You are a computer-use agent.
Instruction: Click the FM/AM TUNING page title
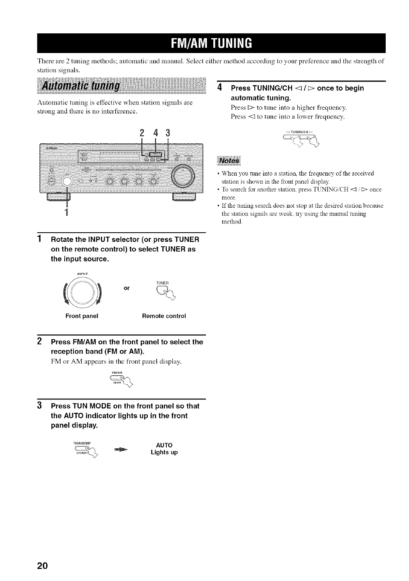tap(211, 43)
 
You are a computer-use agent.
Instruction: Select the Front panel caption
tap(82, 316)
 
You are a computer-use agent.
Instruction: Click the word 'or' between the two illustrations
tap(127, 288)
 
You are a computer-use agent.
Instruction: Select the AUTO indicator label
tap(164, 445)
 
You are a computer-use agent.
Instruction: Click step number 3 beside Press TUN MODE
tap(40, 406)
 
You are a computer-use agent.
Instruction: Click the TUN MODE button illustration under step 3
tap(84, 451)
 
